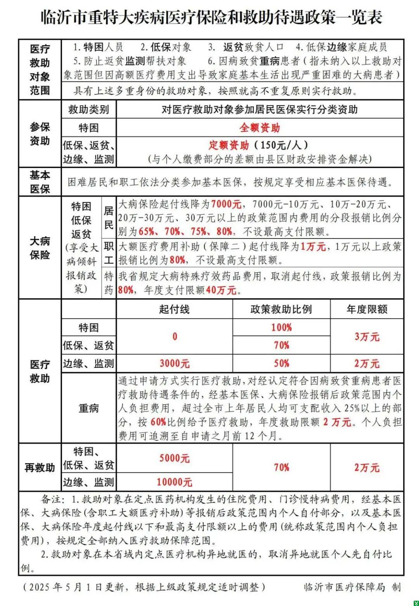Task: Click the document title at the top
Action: click(211, 17)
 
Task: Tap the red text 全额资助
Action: click(260, 128)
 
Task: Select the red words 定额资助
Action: click(229, 145)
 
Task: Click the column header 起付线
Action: click(174, 309)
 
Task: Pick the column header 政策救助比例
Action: click(281, 309)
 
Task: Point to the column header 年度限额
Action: click(367, 309)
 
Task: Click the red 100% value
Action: click(281, 327)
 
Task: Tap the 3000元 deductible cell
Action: click(174, 364)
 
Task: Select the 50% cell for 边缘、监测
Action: click(281, 364)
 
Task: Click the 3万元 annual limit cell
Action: click(367, 336)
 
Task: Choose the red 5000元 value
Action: click(174, 458)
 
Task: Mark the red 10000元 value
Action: click(174, 482)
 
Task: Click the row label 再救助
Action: click(40, 467)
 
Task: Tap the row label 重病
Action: click(89, 408)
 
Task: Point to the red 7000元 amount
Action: click(226, 204)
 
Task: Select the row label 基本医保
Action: click(40, 182)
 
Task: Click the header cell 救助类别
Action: click(89, 109)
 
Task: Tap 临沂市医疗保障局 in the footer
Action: click(345, 587)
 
